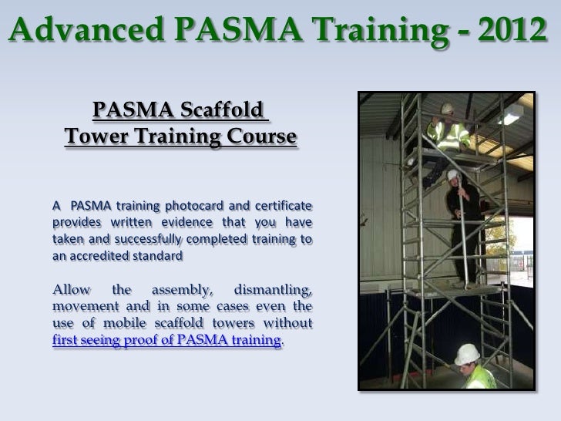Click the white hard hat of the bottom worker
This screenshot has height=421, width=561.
467,354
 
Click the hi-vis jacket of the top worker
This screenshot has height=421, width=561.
449,133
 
